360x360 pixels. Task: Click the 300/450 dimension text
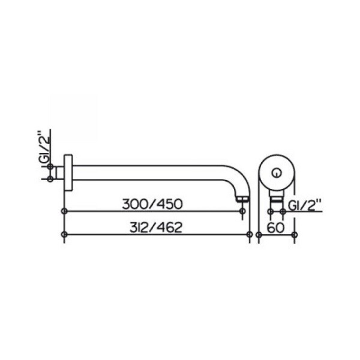[152, 204]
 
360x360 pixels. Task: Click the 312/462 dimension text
[156, 227]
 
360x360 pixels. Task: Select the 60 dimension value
[275, 227]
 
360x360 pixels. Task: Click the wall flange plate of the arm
[68, 172]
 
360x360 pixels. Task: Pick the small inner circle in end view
[277, 173]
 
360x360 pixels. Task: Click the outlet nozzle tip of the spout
[242, 199]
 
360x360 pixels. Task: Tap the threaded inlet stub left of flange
[60, 173]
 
